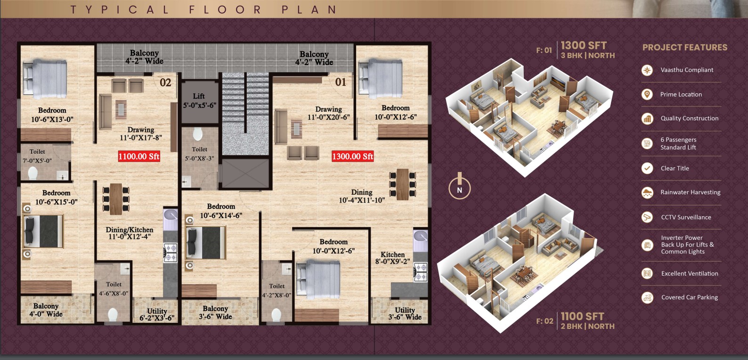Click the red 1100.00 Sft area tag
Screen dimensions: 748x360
point(139,156)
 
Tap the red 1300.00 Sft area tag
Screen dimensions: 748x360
point(353,156)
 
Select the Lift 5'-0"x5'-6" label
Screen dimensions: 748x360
point(199,101)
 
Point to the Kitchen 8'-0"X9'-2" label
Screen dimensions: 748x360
point(393,258)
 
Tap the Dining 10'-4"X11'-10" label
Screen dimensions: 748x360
point(362,196)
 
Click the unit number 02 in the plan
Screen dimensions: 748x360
point(165,82)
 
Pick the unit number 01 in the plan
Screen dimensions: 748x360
point(341,82)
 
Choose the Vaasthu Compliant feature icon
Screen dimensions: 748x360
point(647,70)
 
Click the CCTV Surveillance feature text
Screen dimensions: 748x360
point(686,217)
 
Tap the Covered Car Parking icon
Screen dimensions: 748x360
point(647,297)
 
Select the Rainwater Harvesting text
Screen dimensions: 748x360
point(690,192)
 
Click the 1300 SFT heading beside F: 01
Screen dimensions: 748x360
point(583,45)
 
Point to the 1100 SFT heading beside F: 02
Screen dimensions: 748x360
point(582,316)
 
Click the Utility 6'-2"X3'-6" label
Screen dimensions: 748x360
point(157,315)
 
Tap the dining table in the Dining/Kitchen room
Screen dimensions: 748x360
point(116,199)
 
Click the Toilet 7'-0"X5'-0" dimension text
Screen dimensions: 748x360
point(37,161)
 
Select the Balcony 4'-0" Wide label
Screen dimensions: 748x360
point(46,310)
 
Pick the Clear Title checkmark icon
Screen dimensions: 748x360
point(647,168)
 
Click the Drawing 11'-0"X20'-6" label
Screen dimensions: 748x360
point(329,113)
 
